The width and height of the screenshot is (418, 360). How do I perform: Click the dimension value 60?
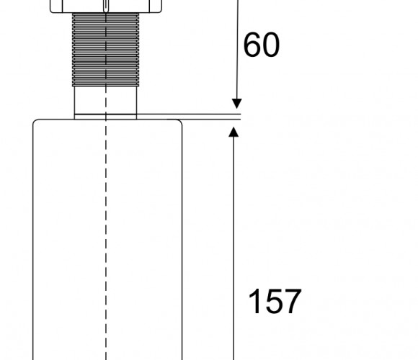[x=262, y=45]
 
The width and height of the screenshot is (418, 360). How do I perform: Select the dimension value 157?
[x=275, y=301]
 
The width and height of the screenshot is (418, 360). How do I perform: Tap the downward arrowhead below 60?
[x=236, y=104]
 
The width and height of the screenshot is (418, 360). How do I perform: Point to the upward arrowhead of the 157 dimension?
[x=234, y=132]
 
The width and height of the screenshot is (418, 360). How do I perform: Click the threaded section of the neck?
[x=105, y=50]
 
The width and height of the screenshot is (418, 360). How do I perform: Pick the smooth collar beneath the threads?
[x=105, y=100]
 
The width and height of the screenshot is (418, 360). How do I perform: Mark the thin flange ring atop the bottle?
[x=105, y=117]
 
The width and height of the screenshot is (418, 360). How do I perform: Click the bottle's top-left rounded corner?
[x=35, y=122]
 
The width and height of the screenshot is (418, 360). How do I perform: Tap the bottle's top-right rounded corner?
[x=180, y=122]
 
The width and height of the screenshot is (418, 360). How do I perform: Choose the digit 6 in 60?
[x=252, y=45]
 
